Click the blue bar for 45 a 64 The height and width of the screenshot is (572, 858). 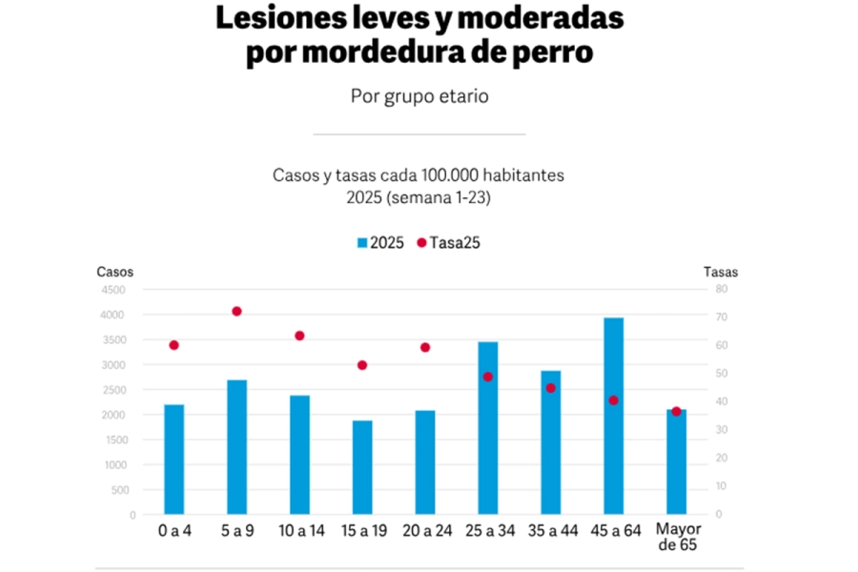[x=614, y=416]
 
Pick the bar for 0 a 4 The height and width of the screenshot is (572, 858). [x=174, y=459]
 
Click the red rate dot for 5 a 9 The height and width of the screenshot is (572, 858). [x=236, y=311]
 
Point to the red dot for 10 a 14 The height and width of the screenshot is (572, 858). [x=299, y=336]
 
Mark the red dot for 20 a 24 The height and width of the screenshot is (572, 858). [x=425, y=347]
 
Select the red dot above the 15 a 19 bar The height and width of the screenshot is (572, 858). [x=362, y=365]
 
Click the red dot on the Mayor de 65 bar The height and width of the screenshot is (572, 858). [x=677, y=412]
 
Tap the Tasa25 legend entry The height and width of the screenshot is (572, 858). [x=448, y=243]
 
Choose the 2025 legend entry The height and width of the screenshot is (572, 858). [x=378, y=243]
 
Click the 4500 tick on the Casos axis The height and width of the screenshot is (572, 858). [x=112, y=290]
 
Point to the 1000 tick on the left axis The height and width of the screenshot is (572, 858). [x=112, y=465]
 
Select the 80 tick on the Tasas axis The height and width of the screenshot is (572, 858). [x=722, y=289]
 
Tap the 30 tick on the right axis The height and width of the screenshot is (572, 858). [x=722, y=430]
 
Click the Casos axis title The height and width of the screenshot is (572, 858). [x=115, y=272]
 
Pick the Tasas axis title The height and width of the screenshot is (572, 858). [x=721, y=272]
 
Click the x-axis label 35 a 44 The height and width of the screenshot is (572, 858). [x=551, y=531]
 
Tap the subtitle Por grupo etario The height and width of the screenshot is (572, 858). [x=419, y=96]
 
